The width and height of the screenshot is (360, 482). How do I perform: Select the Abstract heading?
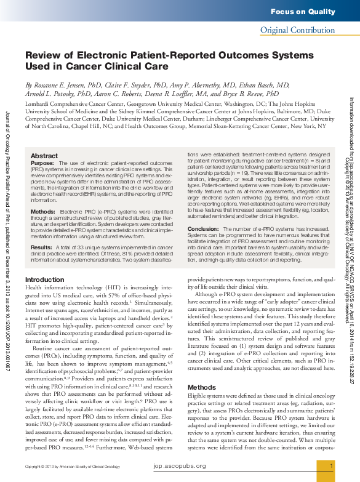pyautogui.click(x=44, y=156)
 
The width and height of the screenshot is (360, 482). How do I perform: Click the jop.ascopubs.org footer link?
pyautogui.click(x=180, y=466)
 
